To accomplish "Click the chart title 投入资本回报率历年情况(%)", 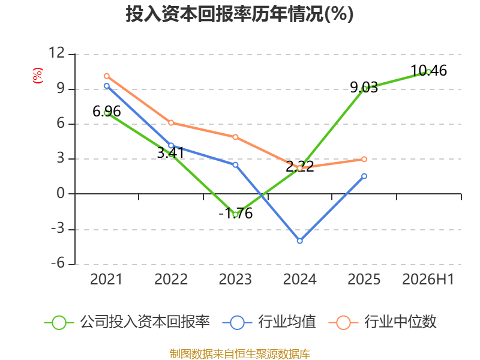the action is (x=239, y=14).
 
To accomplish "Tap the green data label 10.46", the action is (x=428, y=71).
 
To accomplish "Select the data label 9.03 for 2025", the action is (x=364, y=88).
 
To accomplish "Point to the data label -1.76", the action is (x=236, y=214).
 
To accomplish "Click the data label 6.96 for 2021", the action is (x=107, y=112).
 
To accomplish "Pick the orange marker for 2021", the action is (x=107, y=76).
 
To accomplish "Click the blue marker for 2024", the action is (x=299, y=241).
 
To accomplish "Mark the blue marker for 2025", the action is (x=364, y=176).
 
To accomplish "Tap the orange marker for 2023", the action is (x=235, y=137).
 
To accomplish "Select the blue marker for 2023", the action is (x=235, y=164).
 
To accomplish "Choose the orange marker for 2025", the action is (x=364, y=159).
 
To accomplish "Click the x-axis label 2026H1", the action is (x=428, y=279).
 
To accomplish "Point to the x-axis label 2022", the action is (x=171, y=279).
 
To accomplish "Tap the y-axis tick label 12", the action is (x=57, y=53).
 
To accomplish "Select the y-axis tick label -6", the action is (x=58, y=263).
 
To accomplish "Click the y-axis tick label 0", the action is (x=61, y=193).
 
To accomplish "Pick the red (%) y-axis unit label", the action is (x=38, y=76).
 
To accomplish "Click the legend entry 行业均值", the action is (x=269, y=322).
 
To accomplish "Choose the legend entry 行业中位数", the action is (x=383, y=322).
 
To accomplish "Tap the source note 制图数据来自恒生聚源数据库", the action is (x=240, y=354).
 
